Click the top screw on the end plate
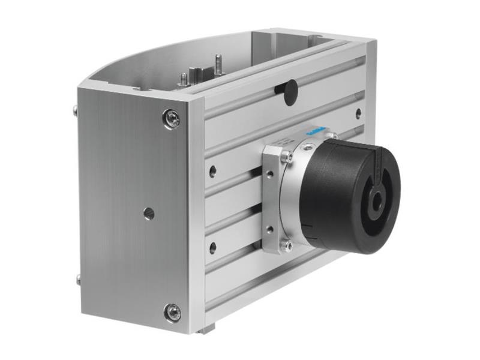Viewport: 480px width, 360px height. click(172, 118)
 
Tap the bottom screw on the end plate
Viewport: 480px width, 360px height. click(173, 312)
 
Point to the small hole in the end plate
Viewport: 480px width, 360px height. click(149, 213)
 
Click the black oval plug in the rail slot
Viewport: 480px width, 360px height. click(290, 91)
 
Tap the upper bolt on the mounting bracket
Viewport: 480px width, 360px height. click(287, 157)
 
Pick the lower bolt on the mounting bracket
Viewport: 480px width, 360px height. click(287, 245)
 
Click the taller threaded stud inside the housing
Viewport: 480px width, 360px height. click(217, 64)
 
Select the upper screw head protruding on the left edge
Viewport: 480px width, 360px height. click(76, 111)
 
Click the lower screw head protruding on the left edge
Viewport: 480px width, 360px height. click(78, 279)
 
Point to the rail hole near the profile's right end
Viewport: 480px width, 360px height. click(358, 113)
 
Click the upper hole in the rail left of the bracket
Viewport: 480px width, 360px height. click(212, 171)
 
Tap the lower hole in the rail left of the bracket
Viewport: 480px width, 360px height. click(212, 247)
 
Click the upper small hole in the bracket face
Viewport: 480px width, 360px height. click(269, 175)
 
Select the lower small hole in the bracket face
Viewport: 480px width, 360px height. click(269, 229)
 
